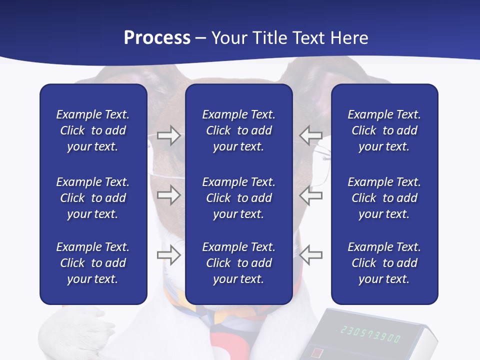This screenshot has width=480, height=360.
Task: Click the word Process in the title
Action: tap(157, 38)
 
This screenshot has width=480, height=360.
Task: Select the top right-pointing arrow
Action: tap(168, 135)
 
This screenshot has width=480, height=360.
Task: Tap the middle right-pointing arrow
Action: tap(168, 195)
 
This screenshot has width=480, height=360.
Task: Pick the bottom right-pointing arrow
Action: tap(168, 255)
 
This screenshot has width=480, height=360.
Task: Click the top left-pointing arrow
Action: tap(311, 135)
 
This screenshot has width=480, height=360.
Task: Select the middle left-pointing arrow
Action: tap(311, 195)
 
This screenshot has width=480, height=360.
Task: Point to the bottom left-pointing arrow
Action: tap(311, 255)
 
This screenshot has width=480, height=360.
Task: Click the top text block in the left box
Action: tap(93, 130)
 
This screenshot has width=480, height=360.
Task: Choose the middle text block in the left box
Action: tap(93, 198)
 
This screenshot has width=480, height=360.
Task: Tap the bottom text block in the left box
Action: tap(93, 263)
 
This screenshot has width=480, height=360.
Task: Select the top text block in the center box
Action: tap(239, 130)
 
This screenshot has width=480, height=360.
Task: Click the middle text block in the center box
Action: tap(239, 198)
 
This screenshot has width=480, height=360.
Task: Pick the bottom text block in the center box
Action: tap(239, 263)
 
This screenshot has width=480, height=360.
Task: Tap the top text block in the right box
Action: tap(384, 130)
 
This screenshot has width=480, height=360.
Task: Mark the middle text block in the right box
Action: tap(384, 198)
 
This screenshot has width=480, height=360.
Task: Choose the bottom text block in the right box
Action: tap(384, 263)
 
